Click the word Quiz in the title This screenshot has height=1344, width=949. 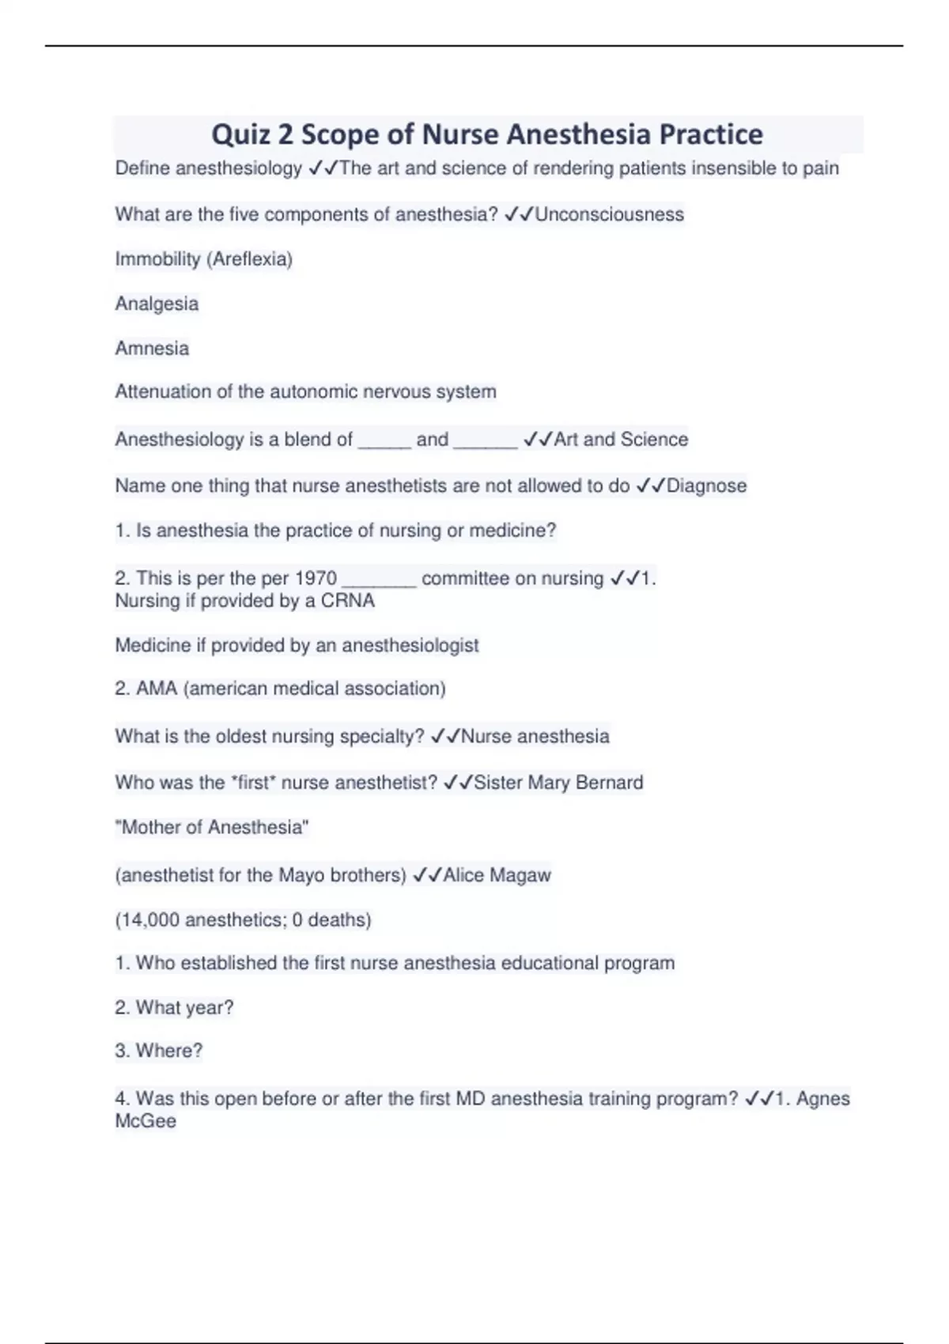tap(240, 135)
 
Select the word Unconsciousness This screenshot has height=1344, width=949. tap(609, 214)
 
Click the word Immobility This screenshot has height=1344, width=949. tap(157, 259)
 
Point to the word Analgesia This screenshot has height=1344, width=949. tap(157, 304)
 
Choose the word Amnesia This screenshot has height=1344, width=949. tap(152, 349)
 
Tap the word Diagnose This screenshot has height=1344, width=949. tap(706, 485)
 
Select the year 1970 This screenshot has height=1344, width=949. tap(316, 579)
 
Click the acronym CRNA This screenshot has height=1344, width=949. tap(348, 601)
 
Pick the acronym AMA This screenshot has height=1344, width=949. tap(157, 689)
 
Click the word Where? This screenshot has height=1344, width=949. tap(169, 1051)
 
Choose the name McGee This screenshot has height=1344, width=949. tap(146, 1121)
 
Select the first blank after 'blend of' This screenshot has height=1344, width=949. tap(384, 441)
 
